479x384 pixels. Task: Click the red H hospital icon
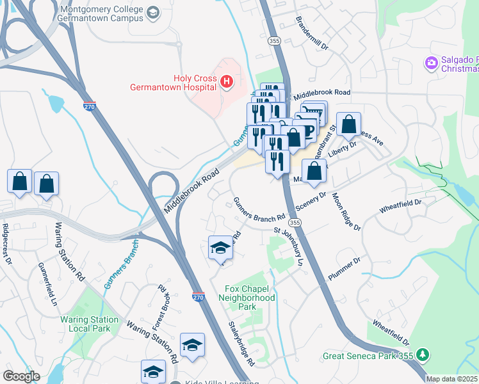225,81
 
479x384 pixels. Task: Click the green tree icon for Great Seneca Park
422,354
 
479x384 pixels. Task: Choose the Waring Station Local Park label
89,324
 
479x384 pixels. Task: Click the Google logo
21,376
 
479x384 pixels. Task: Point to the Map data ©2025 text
452,379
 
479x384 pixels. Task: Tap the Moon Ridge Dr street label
345,211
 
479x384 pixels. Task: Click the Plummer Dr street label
345,269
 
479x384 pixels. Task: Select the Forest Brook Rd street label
158,307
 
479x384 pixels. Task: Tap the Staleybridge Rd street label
241,344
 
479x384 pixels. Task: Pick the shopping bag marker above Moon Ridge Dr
314,172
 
